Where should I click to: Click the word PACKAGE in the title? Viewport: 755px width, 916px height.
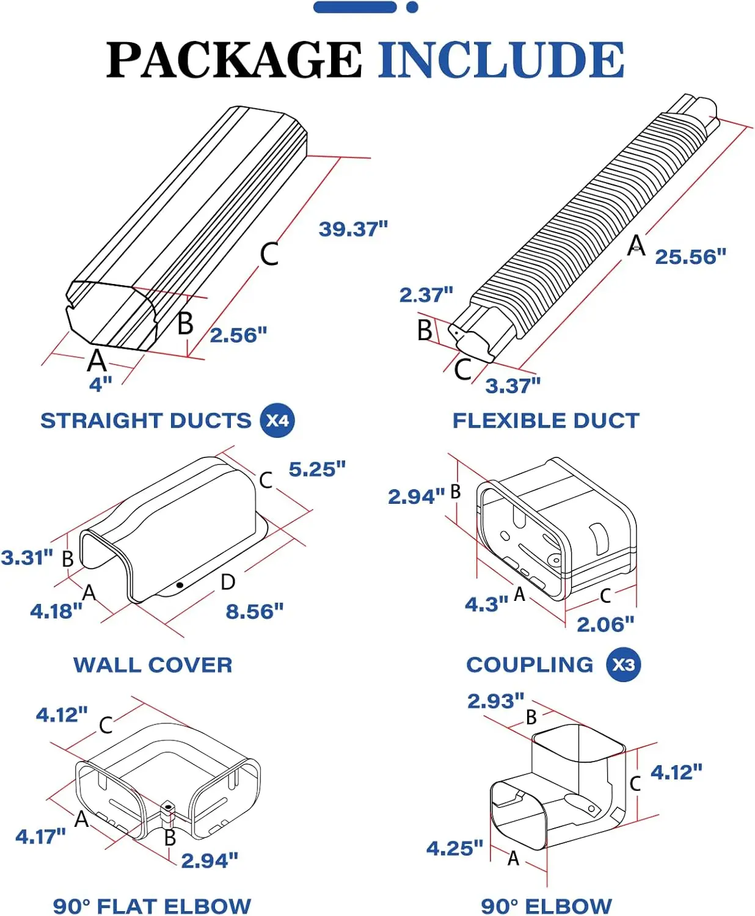[234, 60]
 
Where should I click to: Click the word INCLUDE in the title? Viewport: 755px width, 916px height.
[501, 60]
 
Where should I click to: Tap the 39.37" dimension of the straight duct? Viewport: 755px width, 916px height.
[353, 230]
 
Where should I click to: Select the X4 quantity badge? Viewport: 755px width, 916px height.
[277, 421]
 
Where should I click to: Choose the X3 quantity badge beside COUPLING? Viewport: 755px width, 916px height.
[623, 665]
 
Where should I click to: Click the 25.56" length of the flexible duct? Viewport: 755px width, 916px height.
[690, 257]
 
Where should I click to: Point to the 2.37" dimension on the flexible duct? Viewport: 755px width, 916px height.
[426, 296]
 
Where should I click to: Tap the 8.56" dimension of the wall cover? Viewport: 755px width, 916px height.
[255, 611]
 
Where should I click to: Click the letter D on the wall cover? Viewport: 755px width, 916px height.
[228, 582]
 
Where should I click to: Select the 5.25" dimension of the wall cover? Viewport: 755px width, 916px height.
[317, 470]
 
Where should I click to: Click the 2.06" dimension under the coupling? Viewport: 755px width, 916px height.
[605, 625]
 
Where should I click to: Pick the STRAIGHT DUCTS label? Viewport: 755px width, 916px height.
[145, 421]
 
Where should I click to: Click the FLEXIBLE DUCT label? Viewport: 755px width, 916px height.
[545, 421]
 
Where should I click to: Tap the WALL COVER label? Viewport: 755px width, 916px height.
[153, 665]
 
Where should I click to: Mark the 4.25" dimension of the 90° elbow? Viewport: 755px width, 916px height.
[454, 848]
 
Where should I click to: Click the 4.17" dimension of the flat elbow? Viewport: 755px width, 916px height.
[40, 837]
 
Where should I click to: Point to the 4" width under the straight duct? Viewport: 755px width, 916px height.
[101, 385]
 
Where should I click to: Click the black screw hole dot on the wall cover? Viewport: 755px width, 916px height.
[180, 585]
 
